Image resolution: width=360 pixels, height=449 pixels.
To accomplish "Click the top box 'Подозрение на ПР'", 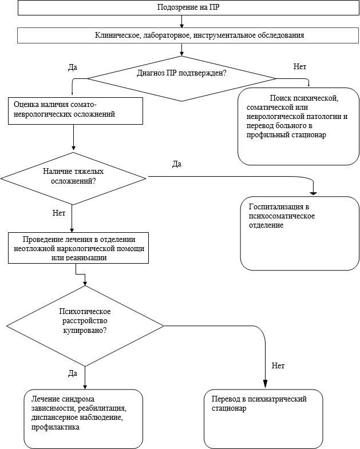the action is click(188, 7).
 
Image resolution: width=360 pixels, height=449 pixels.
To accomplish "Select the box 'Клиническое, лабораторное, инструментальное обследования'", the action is click(188, 35).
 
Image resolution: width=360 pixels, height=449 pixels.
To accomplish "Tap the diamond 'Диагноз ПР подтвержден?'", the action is click(181, 78).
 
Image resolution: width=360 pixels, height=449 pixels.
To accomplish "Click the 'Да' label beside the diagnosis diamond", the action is click(73, 67).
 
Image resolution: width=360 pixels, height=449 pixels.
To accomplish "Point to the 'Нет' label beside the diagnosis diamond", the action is click(299, 67).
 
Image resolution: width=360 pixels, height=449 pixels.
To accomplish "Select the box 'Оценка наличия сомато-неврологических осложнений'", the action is click(76, 111).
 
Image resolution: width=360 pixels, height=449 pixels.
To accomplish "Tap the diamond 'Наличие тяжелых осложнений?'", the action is click(73, 178).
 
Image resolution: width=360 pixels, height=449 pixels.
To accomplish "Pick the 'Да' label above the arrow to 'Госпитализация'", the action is click(177, 164).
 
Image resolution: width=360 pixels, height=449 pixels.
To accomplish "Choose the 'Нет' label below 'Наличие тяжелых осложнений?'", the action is click(59, 213).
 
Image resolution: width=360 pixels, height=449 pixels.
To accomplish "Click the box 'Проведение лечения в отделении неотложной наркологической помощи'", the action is click(78, 248).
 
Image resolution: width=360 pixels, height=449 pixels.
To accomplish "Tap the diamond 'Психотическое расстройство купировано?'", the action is click(85, 326).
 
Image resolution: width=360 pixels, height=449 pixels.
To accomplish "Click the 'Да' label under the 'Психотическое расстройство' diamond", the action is click(73, 373).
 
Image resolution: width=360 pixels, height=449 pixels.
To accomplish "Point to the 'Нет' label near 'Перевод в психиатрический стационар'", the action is click(278, 365).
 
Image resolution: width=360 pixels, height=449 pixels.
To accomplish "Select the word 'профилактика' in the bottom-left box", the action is click(56, 427).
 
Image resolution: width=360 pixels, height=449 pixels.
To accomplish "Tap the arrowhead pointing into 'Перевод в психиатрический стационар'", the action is click(265, 384).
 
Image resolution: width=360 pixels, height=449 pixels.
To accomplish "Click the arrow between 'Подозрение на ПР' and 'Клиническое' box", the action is click(181, 22).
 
